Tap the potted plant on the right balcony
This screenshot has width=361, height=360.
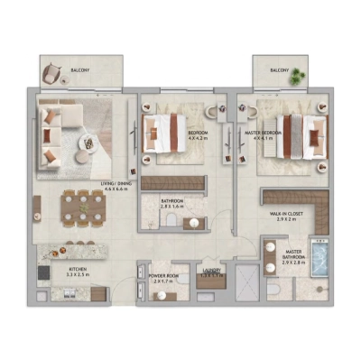[293, 78]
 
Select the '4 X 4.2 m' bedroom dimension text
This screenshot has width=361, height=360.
[199, 139]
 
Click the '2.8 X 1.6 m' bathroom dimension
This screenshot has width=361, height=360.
[172, 207]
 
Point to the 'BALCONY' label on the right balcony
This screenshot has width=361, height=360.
[279, 69]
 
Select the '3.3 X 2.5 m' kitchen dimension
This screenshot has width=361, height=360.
[78, 276]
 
